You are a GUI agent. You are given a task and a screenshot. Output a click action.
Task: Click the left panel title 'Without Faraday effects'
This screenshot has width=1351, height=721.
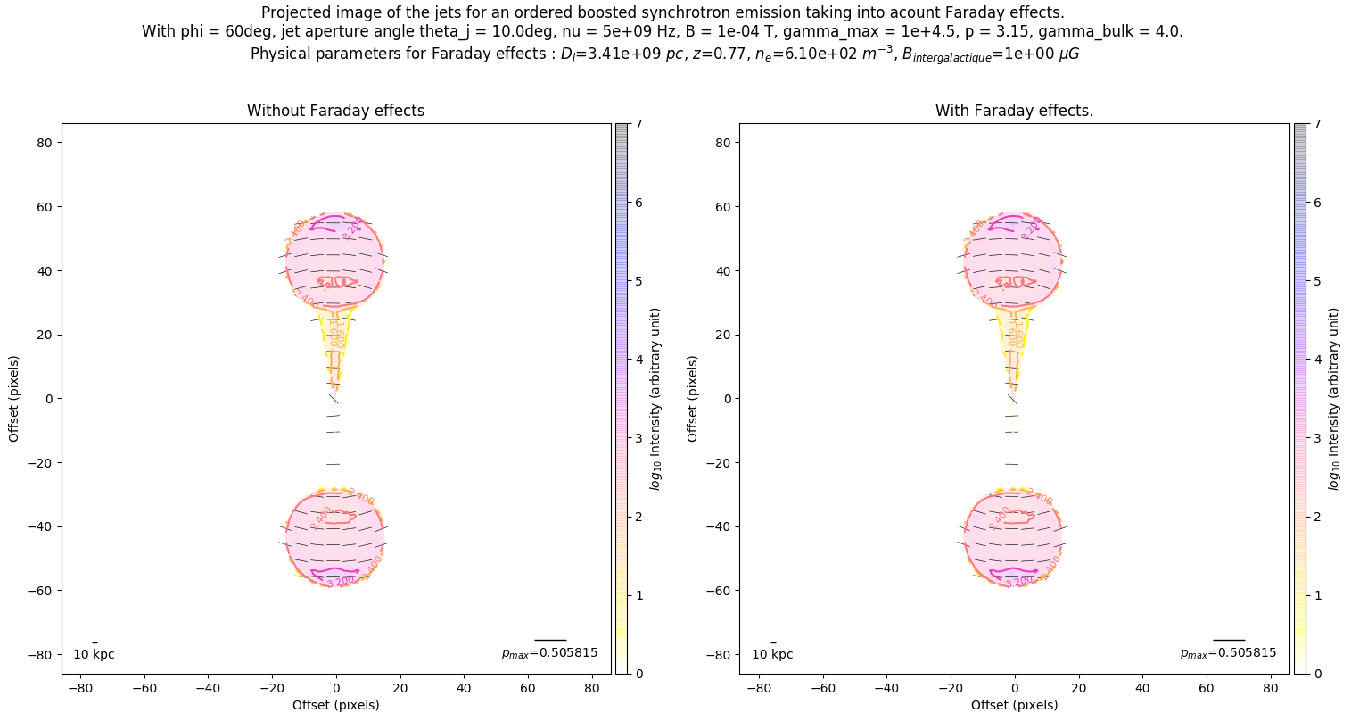[335, 111]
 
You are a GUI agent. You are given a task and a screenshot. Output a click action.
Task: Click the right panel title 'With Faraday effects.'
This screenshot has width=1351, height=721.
[1014, 111]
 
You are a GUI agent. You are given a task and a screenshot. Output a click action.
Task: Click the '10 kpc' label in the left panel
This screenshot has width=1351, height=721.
[94, 654]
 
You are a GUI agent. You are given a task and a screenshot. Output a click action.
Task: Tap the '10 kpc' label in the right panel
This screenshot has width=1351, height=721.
[772, 654]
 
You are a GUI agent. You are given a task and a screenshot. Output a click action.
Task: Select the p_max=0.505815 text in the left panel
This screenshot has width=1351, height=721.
[549, 653]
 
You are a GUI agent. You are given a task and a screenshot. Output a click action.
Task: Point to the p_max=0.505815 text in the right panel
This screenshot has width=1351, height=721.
[1228, 653]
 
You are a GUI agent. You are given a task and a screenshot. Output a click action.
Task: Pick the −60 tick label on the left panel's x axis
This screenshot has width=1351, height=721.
[144, 689]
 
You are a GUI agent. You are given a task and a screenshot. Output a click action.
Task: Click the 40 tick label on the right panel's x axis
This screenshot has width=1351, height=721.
[1142, 689]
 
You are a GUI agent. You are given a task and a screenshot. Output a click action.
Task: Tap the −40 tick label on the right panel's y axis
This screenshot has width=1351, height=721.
[721, 526]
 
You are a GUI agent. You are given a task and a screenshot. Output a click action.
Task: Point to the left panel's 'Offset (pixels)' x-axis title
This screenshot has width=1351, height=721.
[335, 705]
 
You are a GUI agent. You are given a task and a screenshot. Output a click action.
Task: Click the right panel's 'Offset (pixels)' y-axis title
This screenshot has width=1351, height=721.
[692, 398]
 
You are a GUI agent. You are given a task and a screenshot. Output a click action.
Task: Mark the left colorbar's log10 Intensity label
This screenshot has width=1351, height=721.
[655, 398]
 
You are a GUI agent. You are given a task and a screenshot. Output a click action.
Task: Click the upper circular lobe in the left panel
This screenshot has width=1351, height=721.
[335, 259]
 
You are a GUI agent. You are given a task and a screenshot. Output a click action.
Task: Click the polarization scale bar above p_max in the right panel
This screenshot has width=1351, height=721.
[1229, 640]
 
